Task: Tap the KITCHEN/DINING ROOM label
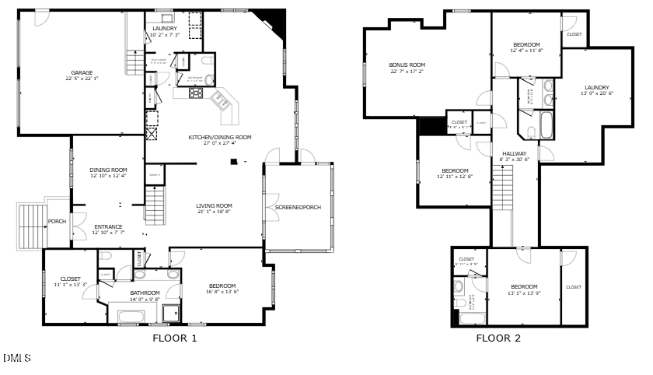pyautogui.click(x=220, y=137)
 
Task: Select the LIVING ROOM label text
pyautogui.click(x=214, y=205)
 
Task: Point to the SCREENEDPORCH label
pyautogui.click(x=298, y=208)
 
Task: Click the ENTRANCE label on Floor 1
pyautogui.click(x=108, y=226)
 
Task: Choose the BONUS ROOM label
pyautogui.click(x=407, y=65)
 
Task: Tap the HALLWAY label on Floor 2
pyautogui.click(x=514, y=153)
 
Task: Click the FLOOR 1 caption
pyautogui.click(x=175, y=338)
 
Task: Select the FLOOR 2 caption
pyautogui.click(x=498, y=338)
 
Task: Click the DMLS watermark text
pyautogui.click(x=16, y=358)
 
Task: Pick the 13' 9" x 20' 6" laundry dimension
pyautogui.click(x=597, y=93)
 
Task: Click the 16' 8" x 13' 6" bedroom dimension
pyautogui.click(x=222, y=292)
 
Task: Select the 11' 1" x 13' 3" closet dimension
pyautogui.click(x=69, y=285)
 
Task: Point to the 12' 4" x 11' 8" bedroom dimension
pyautogui.click(x=526, y=51)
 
